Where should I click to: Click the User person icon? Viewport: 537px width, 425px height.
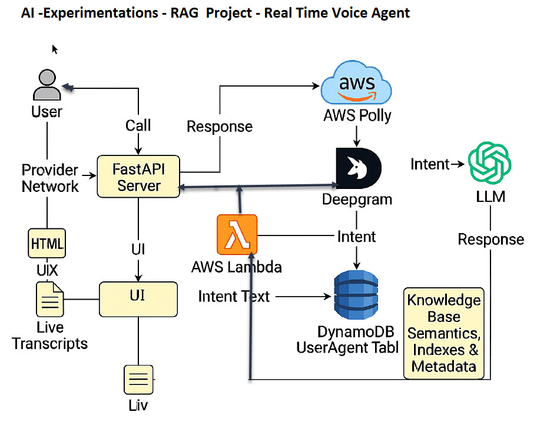[x=47, y=85]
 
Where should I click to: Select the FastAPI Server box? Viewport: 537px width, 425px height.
[x=138, y=177]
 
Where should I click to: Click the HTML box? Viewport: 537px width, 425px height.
[x=47, y=243]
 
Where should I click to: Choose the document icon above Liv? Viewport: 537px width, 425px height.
[x=138, y=380]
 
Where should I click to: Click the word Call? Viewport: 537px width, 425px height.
[x=138, y=125]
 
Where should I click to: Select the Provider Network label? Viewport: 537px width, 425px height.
[x=50, y=178]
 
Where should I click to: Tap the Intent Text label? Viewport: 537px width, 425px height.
[x=234, y=296]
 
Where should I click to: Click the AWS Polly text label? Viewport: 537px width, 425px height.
[x=357, y=115]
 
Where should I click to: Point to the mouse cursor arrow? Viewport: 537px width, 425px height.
[x=55, y=49]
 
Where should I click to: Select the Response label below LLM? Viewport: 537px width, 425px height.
[x=490, y=240]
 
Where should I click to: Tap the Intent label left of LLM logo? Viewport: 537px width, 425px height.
[x=430, y=164]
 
